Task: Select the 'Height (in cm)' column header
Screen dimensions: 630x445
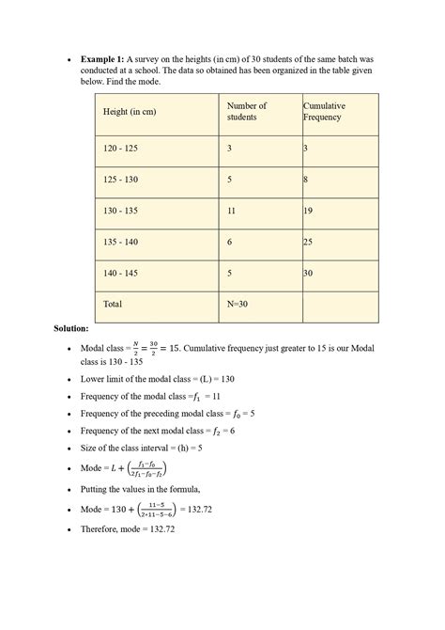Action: (130, 113)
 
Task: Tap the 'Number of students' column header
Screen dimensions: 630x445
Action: (247, 112)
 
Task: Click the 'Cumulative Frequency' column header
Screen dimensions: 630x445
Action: (324, 112)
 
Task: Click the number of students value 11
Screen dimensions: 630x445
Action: (232, 211)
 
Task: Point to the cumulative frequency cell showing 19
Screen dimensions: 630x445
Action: (308, 211)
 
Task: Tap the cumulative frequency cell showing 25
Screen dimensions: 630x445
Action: (308, 242)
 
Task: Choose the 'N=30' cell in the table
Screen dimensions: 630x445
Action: (238, 304)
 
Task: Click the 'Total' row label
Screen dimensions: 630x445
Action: (113, 304)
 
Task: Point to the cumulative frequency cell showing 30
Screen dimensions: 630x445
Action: (308, 273)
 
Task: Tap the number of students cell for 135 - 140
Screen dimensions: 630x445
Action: (230, 242)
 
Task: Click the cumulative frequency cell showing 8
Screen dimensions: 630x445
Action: (305, 179)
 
